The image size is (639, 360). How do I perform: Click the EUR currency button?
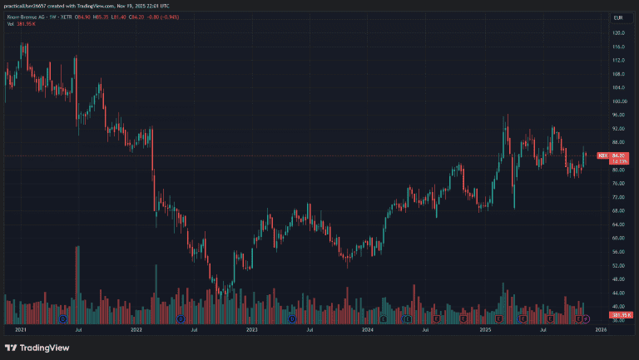click(x=618, y=17)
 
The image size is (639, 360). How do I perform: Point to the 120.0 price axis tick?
click(x=618, y=33)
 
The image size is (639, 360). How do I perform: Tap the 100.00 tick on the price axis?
click(x=618, y=101)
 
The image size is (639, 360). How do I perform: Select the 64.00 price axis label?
click(x=618, y=224)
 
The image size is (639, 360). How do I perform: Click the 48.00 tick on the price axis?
click(x=618, y=279)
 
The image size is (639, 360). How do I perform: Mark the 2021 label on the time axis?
click(x=22, y=330)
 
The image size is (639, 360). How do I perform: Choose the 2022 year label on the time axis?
click(x=136, y=330)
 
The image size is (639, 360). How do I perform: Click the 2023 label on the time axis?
click(x=252, y=330)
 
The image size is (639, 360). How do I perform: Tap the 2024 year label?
click(x=368, y=330)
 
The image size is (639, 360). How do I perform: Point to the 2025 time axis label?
click(x=486, y=330)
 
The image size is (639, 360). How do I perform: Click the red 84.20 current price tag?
click(x=618, y=155)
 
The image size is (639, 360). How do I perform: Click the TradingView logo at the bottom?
click(x=37, y=348)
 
